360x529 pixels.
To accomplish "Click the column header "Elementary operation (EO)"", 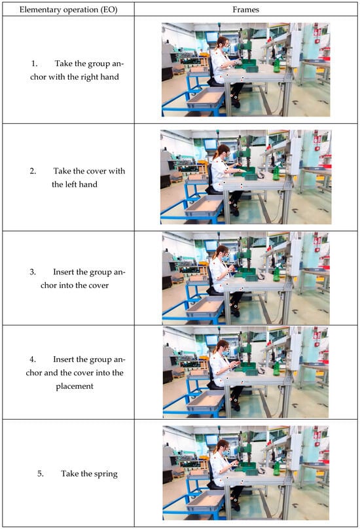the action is click(69, 9).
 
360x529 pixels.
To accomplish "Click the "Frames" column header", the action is click(245, 9).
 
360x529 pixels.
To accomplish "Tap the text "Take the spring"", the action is click(90, 473).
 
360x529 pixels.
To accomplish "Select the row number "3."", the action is click(33, 272).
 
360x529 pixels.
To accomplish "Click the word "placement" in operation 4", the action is click(75, 386).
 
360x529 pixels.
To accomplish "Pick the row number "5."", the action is click(41, 473).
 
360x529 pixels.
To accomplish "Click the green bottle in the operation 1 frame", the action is click(277, 65).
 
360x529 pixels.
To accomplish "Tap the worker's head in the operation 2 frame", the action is click(223, 151).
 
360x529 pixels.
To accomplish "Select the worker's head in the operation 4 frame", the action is click(223, 346).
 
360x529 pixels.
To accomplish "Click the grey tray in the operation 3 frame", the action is click(205, 306).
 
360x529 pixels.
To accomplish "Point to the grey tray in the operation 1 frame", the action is click(205, 98).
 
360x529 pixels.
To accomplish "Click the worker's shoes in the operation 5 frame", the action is click(236, 507).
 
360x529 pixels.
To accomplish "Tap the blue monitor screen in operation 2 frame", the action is click(211, 144).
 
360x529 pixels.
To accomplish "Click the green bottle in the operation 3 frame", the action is click(277, 274).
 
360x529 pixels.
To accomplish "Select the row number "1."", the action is click(35, 64).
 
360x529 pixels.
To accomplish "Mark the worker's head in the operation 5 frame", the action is click(223, 446).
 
